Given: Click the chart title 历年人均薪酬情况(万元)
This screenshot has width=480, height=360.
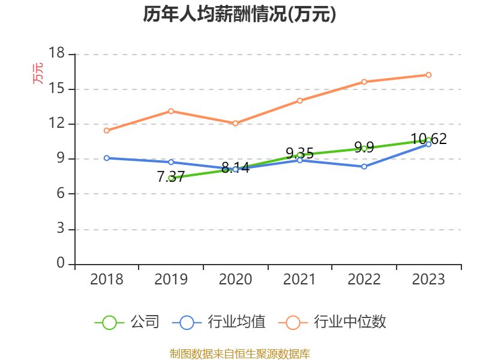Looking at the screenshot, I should coord(239,14).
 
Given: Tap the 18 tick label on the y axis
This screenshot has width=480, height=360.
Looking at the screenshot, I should coord(56,54).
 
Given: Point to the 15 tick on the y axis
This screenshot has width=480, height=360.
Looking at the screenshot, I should coord(56,89).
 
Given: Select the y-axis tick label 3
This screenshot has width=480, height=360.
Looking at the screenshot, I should coord(61,229).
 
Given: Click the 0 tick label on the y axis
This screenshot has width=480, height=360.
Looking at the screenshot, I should coord(61,264).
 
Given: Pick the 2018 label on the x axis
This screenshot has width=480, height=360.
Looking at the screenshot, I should coord(106,280).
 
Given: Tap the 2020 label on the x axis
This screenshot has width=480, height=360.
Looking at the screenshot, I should coord(235,280).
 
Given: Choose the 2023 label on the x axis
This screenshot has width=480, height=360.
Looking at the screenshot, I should coord(428,280).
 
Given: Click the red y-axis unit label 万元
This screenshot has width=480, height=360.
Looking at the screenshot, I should coord(38,73).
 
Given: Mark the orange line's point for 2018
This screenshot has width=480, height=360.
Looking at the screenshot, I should coord(106,130).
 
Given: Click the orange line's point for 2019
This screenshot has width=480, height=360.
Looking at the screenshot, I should coord(171,111).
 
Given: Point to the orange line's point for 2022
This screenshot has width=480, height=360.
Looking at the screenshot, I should coord(364,82).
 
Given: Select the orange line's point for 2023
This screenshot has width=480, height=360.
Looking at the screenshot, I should coord(428,75).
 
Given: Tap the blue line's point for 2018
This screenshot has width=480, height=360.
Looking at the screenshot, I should coord(106,158).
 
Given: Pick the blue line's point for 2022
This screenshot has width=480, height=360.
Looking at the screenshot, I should coord(364,166).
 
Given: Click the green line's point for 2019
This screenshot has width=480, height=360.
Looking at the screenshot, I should coord(171,178).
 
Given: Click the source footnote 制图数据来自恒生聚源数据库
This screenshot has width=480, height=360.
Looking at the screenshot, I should coord(239,353).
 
